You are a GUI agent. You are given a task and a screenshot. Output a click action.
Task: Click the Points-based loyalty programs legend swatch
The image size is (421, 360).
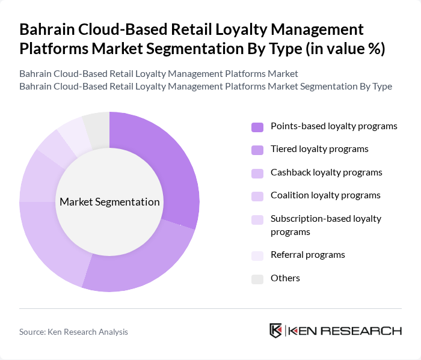tap(257, 127)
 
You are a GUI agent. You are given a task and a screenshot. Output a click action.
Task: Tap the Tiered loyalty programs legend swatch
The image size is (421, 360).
tap(257, 150)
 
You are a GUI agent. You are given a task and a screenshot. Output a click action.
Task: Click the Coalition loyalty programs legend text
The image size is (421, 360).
tap(325, 195)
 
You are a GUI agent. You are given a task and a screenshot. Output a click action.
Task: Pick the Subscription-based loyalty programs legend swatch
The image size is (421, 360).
tap(257, 219)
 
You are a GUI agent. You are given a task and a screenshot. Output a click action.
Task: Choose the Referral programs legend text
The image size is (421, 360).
tap(308, 255)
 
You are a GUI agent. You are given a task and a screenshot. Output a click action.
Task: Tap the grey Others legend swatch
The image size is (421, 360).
tap(257, 278)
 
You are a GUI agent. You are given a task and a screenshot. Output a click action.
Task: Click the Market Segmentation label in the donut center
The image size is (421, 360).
tap(109, 202)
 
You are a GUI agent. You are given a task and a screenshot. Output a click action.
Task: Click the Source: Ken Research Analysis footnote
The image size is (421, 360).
tap(73, 332)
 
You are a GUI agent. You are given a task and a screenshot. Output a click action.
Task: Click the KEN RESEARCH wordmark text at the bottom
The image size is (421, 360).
tap(345, 331)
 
